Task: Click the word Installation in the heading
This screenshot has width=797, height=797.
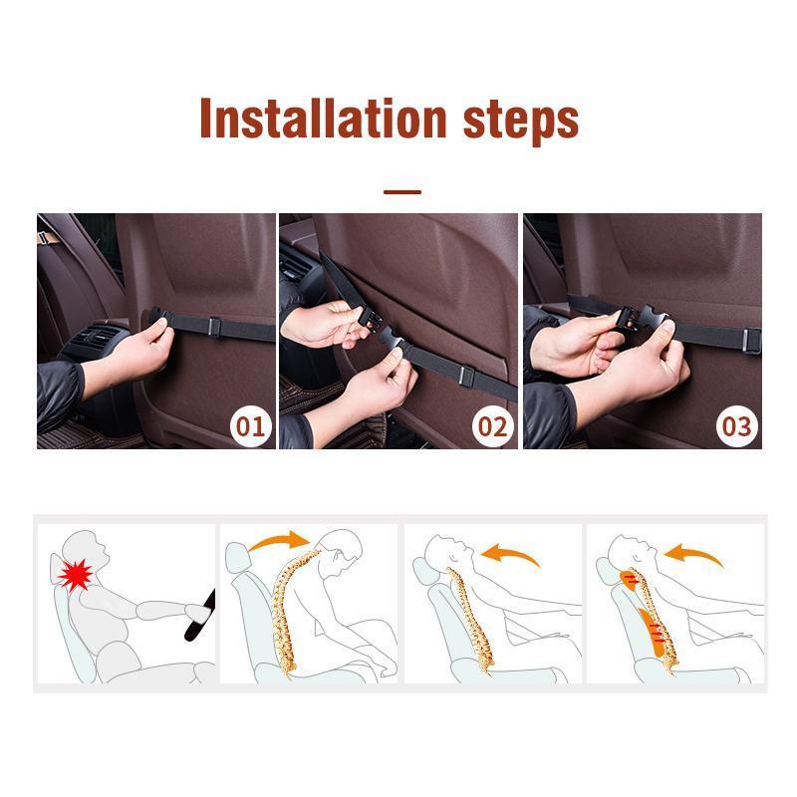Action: [x=323, y=118]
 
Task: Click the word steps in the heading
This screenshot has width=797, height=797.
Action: [x=521, y=122]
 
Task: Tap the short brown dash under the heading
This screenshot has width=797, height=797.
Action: [x=402, y=192]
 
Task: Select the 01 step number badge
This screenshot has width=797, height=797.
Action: [x=251, y=426]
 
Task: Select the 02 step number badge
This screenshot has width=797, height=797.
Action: [x=492, y=426]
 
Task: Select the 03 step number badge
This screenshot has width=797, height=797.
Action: [x=736, y=426]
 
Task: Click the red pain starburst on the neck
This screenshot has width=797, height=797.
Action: [x=75, y=575]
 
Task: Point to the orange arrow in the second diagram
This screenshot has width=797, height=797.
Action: [x=280, y=541]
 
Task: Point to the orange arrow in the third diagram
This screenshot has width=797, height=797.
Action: [x=510, y=554]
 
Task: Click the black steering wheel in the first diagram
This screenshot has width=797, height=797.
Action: [x=200, y=616]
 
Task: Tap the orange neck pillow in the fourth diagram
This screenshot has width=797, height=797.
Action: [x=629, y=580]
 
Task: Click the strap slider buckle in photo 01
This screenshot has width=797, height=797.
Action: [x=214, y=327]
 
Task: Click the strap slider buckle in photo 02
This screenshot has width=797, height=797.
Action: [x=466, y=377]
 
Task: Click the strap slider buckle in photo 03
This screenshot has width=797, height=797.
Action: [x=752, y=341]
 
